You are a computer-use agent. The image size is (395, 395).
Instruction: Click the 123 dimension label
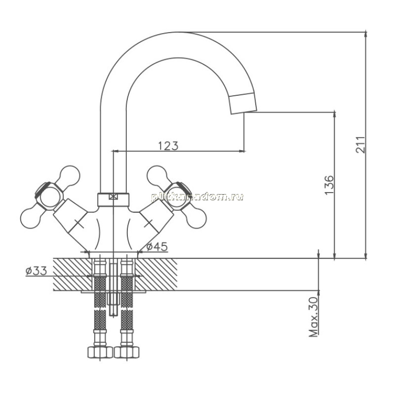168,146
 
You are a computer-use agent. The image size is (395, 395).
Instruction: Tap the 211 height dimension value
360,145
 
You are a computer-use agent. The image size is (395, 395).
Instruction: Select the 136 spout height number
329,185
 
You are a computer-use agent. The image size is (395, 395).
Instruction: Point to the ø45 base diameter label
157,247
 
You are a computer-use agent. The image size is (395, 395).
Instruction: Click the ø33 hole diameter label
36,271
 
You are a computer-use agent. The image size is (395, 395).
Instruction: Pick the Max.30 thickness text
314,317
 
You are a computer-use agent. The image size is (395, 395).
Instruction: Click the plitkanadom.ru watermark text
197,197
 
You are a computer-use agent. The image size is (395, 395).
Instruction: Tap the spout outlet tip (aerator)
243,103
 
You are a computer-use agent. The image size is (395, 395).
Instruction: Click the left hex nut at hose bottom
100,352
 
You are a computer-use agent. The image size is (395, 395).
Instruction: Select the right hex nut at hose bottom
127,352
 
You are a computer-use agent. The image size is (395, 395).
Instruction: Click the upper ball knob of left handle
70,175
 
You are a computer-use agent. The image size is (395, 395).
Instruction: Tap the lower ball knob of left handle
30,218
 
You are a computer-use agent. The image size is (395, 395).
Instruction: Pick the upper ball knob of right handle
157,175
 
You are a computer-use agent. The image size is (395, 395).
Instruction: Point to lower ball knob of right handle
197,218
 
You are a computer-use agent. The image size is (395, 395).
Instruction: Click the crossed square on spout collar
114,197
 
